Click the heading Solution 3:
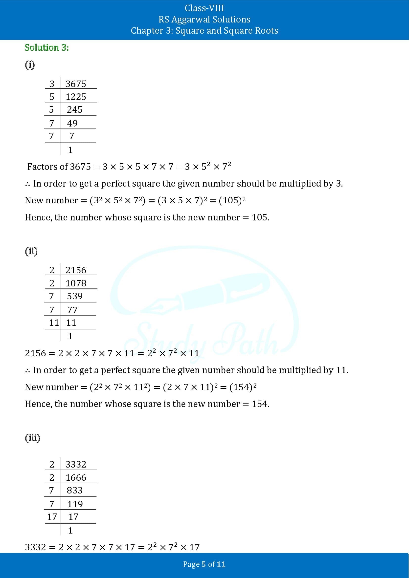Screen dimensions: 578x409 pyautogui.click(x=46, y=48)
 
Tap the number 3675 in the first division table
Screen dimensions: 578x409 pyautogui.click(x=76, y=84)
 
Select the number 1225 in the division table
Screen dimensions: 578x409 pyautogui.click(x=76, y=97)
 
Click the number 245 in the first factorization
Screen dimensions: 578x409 pyautogui.click(x=74, y=110)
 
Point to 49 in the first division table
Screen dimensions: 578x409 pyautogui.click(x=72, y=123)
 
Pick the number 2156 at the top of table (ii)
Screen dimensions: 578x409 pyautogui.click(x=76, y=270)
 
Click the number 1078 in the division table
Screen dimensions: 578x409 pyautogui.click(x=76, y=283)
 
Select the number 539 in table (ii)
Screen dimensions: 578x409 pyautogui.click(x=74, y=296)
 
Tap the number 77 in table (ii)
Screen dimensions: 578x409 pyautogui.click(x=72, y=310)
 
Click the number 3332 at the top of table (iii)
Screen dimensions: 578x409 pyautogui.click(x=76, y=465)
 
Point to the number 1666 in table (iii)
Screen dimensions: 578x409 pyautogui.click(x=76, y=478)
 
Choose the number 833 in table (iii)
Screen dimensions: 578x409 pyautogui.click(x=74, y=490)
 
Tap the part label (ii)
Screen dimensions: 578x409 pyautogui.click(x=31, y=251)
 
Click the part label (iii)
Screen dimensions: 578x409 pyautogui.click(x=32, y=438)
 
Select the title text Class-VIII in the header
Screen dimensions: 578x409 pyautogui.click(x=204, y=8)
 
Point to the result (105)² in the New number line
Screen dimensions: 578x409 pyautogui.click(x=232, y=200)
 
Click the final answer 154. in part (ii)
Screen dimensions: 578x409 pyautogui.click(x=260, y=404)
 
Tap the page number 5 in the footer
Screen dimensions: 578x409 pyautogui.click(x=204, y=564)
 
